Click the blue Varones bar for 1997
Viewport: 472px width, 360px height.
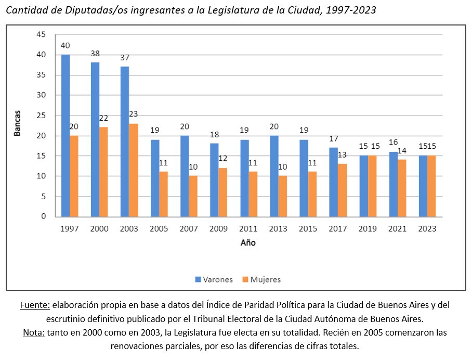point(65,135)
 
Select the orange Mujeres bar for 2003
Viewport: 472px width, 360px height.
point(134,170)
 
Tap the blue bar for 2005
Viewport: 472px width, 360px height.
point(154,178)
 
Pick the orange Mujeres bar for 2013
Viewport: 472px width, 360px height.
point(283,196)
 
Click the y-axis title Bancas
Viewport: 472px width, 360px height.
point(17,123)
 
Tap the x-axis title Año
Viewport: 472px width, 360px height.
point(248,243)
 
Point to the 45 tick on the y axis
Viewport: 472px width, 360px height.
point(42,34)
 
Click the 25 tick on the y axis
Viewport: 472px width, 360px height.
point(42,115)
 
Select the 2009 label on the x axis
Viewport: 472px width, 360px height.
point(218,229)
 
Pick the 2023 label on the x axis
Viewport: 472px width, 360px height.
point(427,229)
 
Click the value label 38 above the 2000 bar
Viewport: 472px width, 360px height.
point(95,54)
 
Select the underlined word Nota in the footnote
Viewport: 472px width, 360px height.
point(34,332)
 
